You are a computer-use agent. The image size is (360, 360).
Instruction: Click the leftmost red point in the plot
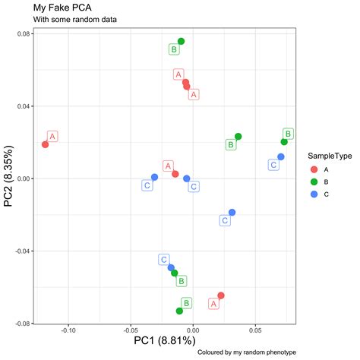coord(45,144)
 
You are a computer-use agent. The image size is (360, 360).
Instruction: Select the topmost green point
coord(181,41)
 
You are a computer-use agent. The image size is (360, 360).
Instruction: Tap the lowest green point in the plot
coord(179,311)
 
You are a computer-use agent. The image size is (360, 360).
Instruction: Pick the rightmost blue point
coord(281,156)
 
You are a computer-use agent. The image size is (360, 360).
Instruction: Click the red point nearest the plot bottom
coord(221,295)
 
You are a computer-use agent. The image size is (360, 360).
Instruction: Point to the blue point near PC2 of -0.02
coord(232,213)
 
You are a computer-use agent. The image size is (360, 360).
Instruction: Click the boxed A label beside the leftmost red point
coord(53,137)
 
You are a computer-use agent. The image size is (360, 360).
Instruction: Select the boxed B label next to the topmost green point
coord(174,49)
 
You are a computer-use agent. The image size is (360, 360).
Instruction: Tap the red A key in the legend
coord(314,169)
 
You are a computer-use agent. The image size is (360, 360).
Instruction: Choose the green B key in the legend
coord(314,182)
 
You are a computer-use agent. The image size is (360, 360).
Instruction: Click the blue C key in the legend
coord(314,195)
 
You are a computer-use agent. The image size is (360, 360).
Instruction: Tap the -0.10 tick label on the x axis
coord(69,330)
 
